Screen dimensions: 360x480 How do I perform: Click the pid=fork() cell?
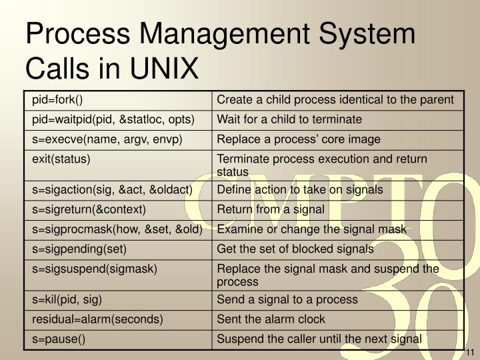click(57, 100)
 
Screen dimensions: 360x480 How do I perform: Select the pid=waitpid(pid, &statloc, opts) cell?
click(113, 119)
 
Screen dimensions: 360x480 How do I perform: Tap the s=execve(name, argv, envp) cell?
click(107, 139)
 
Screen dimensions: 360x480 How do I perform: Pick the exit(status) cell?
click(61, 159)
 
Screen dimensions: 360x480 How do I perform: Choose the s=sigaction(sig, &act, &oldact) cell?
click(112, 190)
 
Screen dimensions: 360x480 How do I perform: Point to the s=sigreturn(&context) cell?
click(89, 209)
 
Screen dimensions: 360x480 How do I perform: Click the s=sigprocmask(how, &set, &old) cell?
click(117, 229)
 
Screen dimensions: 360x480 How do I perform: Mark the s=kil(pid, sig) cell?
click(67, 299)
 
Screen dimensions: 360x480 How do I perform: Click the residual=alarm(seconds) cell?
click(97, 319)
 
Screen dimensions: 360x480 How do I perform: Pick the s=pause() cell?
click(59, 339)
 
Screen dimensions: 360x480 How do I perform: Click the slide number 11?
click(469, 353)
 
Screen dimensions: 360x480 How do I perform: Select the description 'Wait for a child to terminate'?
click(289, 119)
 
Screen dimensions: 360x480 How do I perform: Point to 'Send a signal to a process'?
click(287, 299)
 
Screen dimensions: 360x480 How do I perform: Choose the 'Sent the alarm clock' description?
click(271, 319)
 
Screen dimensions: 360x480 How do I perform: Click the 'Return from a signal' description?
click(271, 209)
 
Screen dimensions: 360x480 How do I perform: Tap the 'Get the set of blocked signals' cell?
click(295, 249)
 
